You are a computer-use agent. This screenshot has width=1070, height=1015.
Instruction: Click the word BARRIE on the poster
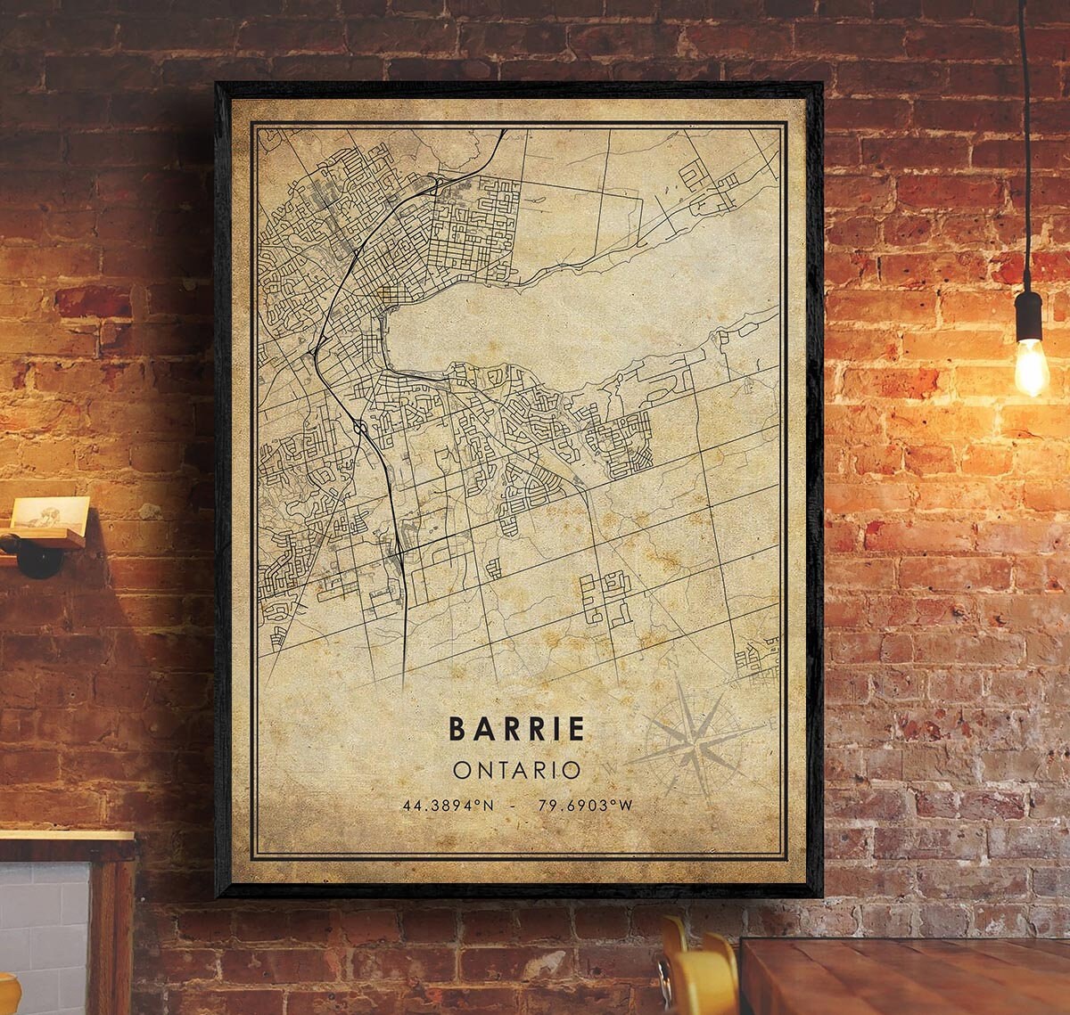click(x=517, y=728)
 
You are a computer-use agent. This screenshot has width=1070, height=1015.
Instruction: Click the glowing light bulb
click(x=1031, y=365)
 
